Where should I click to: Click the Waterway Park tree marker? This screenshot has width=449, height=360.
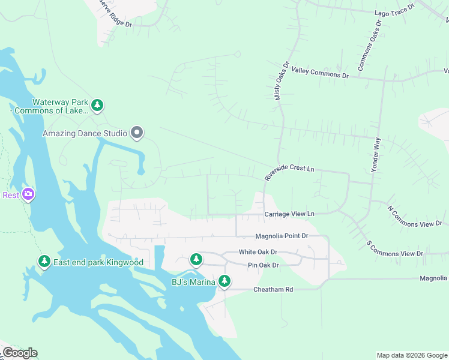point(97,106)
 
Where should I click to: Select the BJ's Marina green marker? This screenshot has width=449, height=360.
point(224,281)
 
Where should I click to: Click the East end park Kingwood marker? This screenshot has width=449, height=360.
point(44,262)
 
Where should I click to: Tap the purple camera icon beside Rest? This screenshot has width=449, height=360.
point(28,194)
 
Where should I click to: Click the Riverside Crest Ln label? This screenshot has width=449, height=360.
point(289,173)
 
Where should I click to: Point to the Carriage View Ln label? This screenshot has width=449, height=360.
point(289,214)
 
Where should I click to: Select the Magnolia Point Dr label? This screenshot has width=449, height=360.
point(281,236)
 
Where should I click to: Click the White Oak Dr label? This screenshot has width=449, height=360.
point(258,252)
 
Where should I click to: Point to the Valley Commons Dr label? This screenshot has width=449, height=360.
point(320,73)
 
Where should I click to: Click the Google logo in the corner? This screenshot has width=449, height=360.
point(19,353)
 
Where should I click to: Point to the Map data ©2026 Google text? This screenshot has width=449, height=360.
point(412,355)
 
